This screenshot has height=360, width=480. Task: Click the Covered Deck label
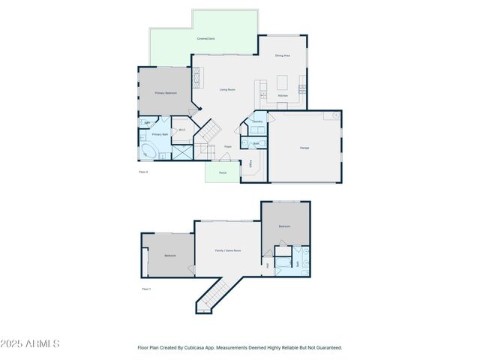point(207,38)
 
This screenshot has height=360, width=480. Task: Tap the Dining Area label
point(282,55)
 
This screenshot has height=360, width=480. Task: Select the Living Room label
point(227,90)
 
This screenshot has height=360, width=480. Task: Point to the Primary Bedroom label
point(166,93)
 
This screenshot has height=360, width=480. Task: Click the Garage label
point(304,148)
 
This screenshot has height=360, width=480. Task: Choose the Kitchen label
point(283,96)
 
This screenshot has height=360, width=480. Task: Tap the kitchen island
point(283,82)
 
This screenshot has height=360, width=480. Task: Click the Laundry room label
point(256,121)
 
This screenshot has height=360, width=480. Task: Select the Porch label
point(223,173)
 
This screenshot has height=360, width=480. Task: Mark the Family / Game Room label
point(228,250)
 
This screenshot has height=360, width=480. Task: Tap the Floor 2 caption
point(144,172)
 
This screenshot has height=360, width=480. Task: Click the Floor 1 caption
point(146,289)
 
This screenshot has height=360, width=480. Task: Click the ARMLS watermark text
point(30,343)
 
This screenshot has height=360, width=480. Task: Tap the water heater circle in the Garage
point(327,117)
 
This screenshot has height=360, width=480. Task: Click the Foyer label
point(227,147)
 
